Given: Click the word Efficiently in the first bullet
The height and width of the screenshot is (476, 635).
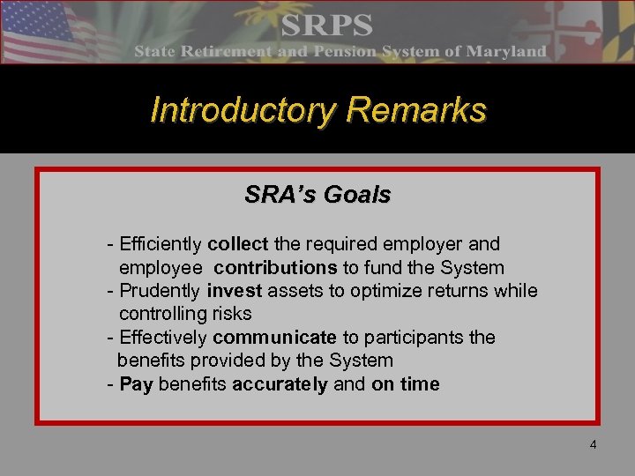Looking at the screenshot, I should pos(161,243).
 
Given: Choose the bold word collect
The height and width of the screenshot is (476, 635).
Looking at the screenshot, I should pos(239,243).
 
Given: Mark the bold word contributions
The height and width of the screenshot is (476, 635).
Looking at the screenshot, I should pos(275,267).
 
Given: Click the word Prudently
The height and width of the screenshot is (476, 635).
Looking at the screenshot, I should pos(160,290).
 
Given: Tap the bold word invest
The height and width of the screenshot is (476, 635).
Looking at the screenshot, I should pos(234,290).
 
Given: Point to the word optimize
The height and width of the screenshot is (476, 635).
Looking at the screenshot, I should pos(391,290).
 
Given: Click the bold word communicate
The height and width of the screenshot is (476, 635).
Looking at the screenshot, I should pos(274,337).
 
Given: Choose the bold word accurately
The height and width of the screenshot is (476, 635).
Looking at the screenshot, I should pos(280,384).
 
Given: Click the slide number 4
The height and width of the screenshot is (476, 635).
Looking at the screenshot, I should pos(593,444).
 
